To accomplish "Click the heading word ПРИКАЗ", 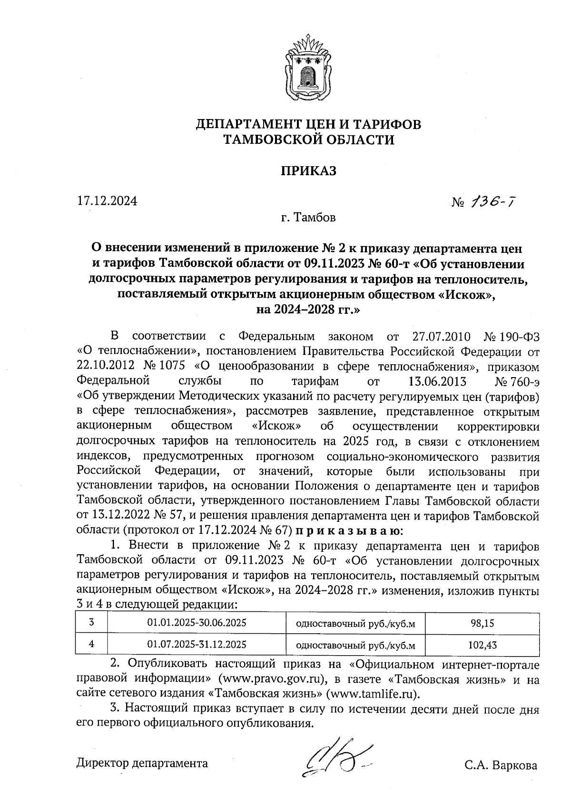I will click(x=308, y=170).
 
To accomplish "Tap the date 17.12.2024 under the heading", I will click(x=107, y=201).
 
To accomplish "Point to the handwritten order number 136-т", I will click(x=492, y=203).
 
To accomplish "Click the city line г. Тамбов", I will click(x=308, y=218).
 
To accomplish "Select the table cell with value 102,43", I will click(x=482, y=645).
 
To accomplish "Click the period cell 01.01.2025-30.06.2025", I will click(x=197, y=622).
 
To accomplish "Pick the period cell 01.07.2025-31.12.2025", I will click(x=197, y=645).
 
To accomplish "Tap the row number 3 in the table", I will click(x=91, y=622).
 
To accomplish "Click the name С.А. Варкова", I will click(x=501, y=766).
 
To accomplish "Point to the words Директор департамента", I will click(x=142, y=763).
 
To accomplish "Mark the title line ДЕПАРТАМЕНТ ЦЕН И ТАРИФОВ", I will click(x=309, y=125).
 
